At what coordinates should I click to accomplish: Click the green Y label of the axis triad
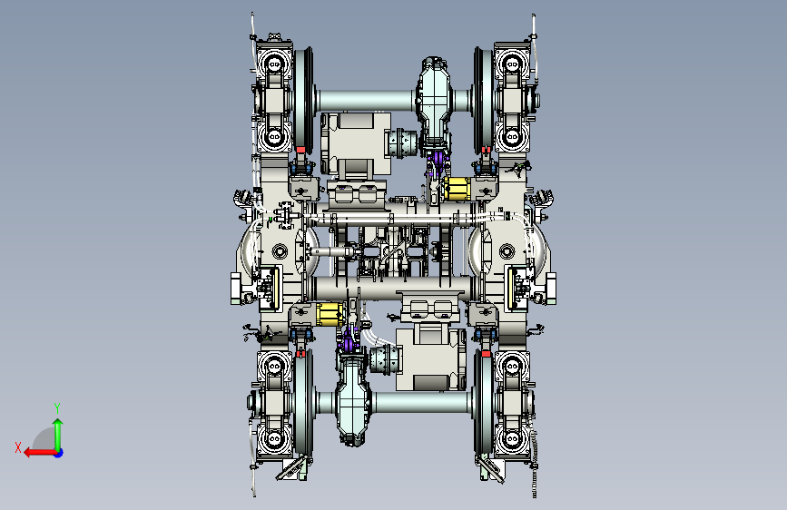[x=57, y=407]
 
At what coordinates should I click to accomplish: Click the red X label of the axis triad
[x=18, y=447]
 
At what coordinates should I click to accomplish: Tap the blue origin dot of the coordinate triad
[x=59, y=453]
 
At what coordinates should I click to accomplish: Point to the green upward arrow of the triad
[x=58, y=434]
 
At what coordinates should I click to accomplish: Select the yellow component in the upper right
[x=457, y=189]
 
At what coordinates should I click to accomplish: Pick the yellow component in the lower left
[x=330, y=314]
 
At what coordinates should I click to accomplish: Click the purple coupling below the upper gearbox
[x=437, y=161]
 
